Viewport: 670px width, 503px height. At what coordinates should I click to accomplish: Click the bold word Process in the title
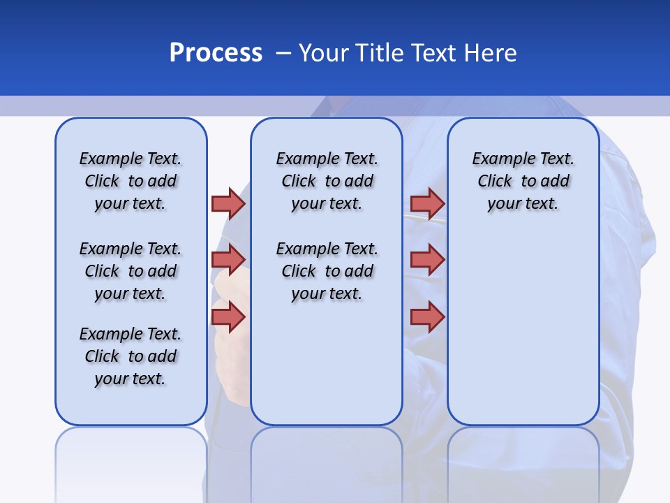(x=216, y=53)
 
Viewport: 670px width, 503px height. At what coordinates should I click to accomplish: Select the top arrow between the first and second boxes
(x=228, y=203)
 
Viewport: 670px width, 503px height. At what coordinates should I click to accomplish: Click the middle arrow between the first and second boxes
(x=228, y=260)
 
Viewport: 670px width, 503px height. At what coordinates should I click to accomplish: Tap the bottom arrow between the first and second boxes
(x=228, y=316)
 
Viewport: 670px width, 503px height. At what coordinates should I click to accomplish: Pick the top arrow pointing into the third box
(x=427, y=203)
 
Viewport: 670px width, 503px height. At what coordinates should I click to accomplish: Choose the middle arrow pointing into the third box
(x=427, y=260)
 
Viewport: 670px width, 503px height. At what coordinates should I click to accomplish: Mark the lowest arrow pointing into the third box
(x=427, y=316)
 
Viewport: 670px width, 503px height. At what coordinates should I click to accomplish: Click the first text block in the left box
(x=131, y=181)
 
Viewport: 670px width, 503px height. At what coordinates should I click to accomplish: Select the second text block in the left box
(x=131, y=271)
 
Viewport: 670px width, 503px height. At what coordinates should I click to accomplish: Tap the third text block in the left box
(x=131, y=356)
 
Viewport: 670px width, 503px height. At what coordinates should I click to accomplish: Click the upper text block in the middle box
(x=327, y=181)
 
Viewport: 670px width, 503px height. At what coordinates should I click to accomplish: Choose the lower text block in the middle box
(x=327, y=271)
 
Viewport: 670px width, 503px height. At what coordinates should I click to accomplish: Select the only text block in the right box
(x=523, y=181)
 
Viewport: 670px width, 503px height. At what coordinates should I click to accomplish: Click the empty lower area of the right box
(x=523, y=328)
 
